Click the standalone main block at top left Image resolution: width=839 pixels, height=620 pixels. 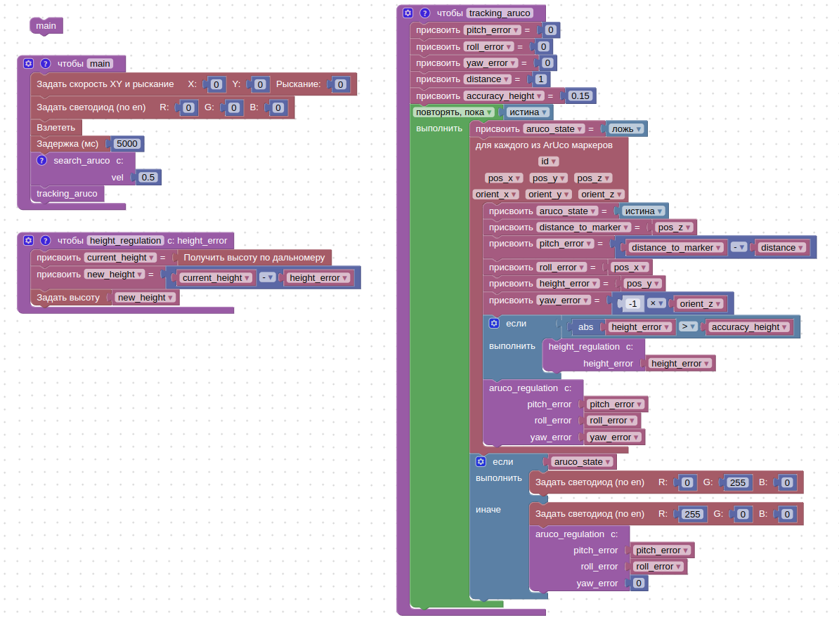click(46, 26)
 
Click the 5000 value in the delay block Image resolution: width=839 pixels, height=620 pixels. click(127, 143)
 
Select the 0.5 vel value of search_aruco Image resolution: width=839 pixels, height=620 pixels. click(148, 177)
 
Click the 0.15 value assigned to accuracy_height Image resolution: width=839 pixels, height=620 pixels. click(580, 95)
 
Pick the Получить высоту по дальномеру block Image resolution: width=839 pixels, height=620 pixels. click(254, 258)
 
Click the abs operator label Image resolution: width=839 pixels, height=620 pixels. click(585, 327)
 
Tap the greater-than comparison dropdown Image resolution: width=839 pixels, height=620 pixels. click(688, 327)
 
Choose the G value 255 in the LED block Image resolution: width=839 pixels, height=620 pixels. click(737, 482)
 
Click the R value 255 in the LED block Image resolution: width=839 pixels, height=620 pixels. click(692, 514)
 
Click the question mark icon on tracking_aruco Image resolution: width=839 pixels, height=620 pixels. click(424, 13)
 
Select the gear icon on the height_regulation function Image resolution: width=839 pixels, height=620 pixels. click(28, 240)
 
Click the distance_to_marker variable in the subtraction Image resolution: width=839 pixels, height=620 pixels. click(676, 247)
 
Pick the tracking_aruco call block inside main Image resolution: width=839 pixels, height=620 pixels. click(67, 193)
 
